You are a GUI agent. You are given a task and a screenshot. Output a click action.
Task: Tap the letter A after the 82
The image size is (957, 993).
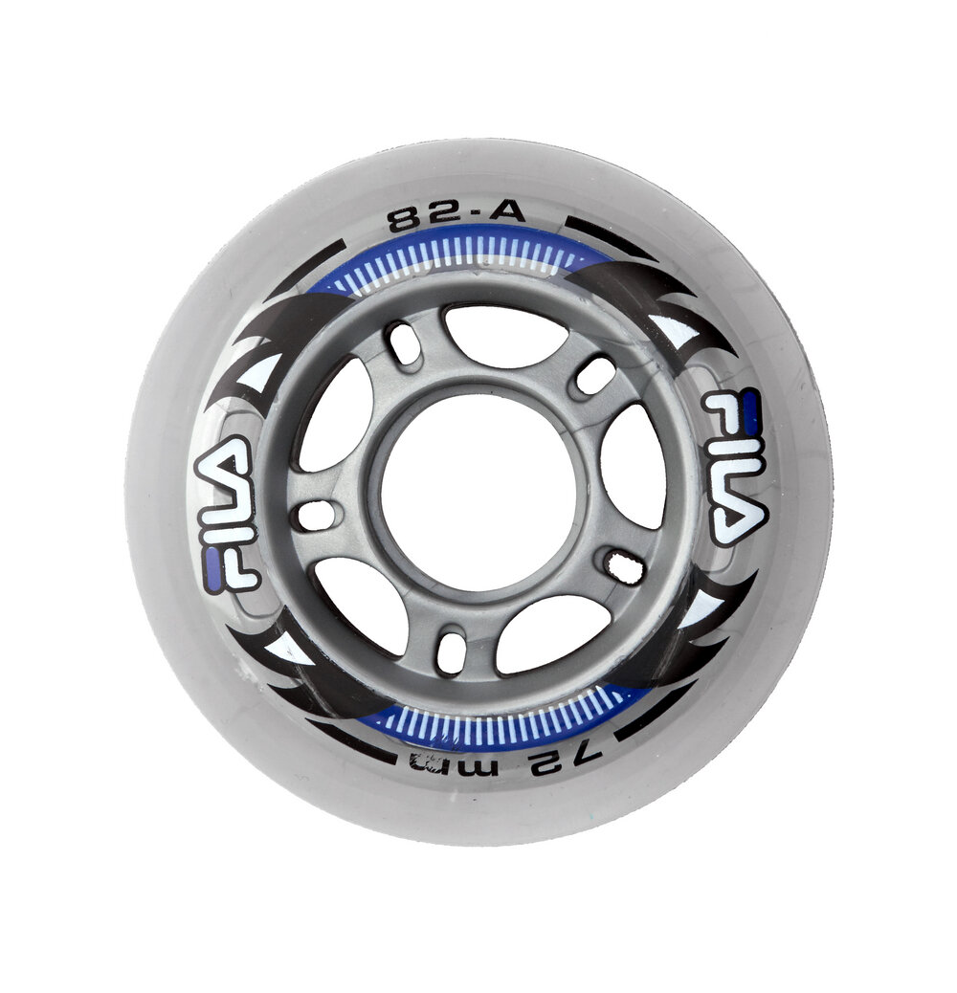[x=506, y=211]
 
